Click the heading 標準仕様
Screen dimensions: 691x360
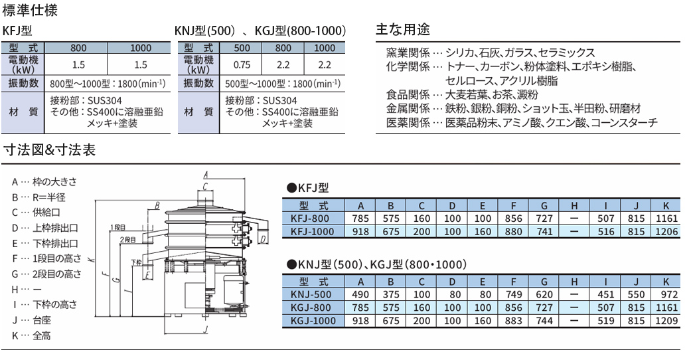[x=30, y=10]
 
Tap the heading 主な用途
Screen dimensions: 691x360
[x=402, y=30]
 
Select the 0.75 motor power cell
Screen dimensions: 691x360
[x=242, y=65]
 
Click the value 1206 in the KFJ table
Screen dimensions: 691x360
[x=666, y=231]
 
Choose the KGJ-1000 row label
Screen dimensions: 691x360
[x=313, y=321]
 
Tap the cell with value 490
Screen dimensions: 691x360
[x=360, y=294]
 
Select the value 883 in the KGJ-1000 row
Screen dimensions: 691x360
[x=513, y=321]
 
